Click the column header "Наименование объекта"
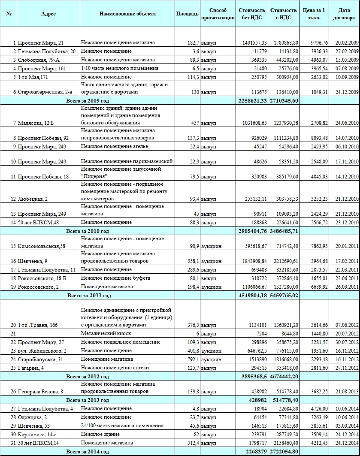click(127, 14)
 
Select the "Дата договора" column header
click(344, 14)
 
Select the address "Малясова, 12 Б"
click(36, 123)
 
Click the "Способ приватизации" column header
click(218, 14)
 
